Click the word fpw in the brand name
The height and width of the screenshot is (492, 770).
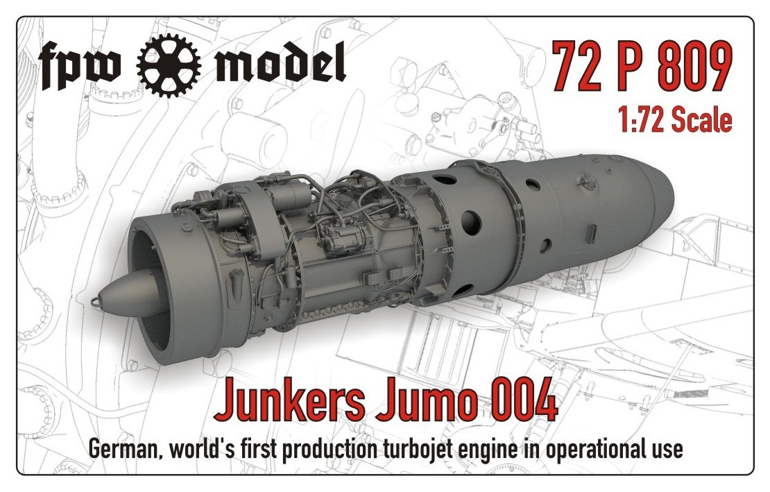pos(80,65)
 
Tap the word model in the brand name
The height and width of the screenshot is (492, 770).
pos(281,62)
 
